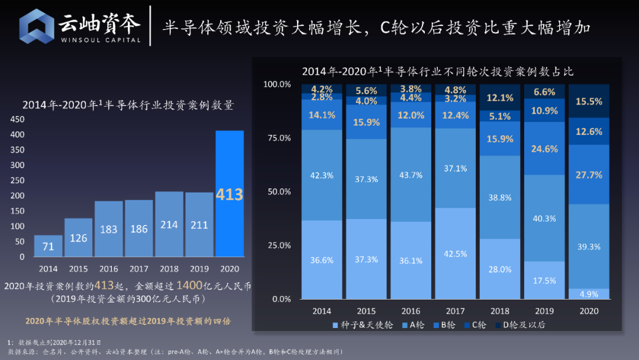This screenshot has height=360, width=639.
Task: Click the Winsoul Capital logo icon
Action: tap(37, 26)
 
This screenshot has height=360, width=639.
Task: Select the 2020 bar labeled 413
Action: tap(230, 194)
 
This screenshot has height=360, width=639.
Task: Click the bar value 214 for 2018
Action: tap(169, 226)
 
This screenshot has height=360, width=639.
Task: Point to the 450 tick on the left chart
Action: tap(17, 119)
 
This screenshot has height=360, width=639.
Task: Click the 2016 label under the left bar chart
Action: tap(109, 269)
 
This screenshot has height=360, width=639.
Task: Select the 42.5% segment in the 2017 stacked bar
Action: tap(456, 253)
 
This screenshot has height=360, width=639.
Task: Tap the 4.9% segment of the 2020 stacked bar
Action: tap(589, 294)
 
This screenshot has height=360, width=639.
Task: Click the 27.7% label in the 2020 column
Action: tap(589, 175)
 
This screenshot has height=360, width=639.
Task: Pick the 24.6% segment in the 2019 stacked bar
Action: tap(544, 149)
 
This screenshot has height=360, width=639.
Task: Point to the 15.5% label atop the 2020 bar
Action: tap(589, 101)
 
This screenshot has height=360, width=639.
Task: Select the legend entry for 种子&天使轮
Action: tap(362, 324)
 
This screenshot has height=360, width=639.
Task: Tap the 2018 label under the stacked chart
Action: tap(500, 311)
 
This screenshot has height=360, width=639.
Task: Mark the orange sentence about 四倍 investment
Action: tap(127, 321)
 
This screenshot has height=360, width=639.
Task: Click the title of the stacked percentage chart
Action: tap(437, 71)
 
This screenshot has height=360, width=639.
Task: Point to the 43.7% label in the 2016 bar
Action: tap(411, 175)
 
